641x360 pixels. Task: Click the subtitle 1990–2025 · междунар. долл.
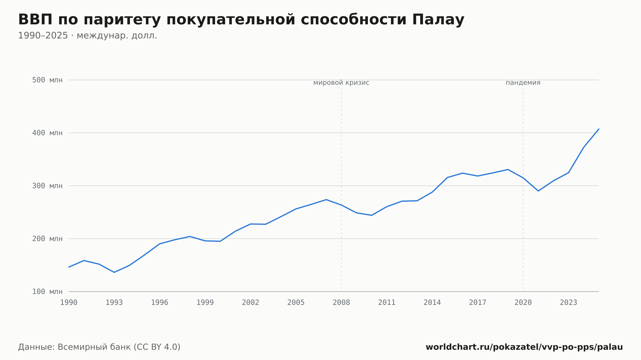click(x=87, y=36)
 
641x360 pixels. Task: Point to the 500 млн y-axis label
click(x=47, y=80)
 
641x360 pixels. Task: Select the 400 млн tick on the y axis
click(x=47, y=133)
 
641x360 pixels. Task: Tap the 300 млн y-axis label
click(x=47, y=186)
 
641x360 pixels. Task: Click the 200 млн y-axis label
click(x=47, y=239)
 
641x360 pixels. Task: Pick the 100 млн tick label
click(x=47, y=291)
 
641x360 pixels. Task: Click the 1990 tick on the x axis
click(x=69, y=303)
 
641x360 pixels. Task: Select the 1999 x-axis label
click(x=205, y=303)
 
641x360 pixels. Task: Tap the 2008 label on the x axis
click(x=341, y=303)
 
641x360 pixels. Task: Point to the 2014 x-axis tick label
click(x=432, y=303)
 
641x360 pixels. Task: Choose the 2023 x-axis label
click(x=569, y=303)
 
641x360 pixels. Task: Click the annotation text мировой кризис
click(x=341, y=83)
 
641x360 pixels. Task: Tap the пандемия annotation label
click(x=523, y=83)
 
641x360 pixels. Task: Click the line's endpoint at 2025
click(x=599, y=129)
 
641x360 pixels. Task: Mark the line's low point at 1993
click(x=114, y=272)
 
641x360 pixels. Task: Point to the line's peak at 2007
click(x=326, y=200)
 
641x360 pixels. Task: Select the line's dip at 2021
click(x=538, y=191)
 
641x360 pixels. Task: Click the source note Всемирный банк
click(x=94, y=347)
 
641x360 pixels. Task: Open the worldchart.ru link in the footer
click(x=524, y=347)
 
